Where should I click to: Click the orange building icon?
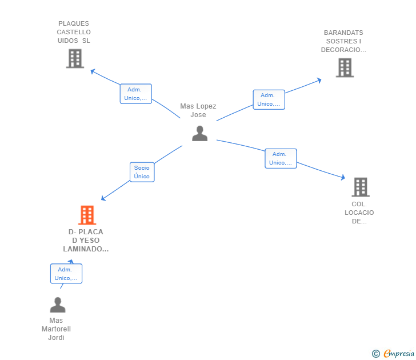[87, 215]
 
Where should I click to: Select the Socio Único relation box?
[142, 172]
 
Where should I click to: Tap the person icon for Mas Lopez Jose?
[199, 134]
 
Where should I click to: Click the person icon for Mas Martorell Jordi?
[58, 305]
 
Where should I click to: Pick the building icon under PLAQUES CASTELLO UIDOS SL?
[75, 59]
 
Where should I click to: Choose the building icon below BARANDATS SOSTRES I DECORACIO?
[345, 67]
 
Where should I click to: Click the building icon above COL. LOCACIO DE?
[361, 187]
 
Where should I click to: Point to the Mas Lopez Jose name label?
[198, 110]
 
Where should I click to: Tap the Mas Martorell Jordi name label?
[56, 329]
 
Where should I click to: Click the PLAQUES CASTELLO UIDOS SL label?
[74, 32]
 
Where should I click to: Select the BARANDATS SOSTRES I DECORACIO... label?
[343, 41]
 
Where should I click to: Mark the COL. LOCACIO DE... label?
[359, 213]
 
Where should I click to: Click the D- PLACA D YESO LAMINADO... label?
[86, 241]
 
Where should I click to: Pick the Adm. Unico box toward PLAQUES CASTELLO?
[136, 94]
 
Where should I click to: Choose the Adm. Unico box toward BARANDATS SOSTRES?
[269, 99]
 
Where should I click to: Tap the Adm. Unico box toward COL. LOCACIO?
[281, 158]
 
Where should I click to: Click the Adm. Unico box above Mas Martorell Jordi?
[66, 274]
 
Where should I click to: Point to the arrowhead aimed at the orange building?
[103, 198]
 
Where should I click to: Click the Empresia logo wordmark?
[399, 353]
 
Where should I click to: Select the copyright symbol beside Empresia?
[375, 354]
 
